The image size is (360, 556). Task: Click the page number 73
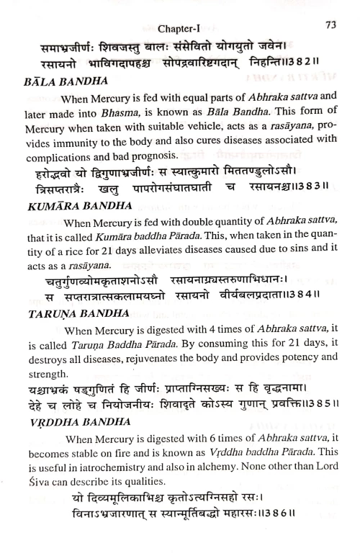(x=331, y=24)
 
